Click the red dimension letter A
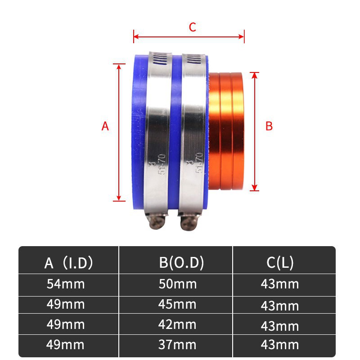point(105,126)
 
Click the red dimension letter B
point(269,126)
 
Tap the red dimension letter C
point(192,27)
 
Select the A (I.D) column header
point(69,262)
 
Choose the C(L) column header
point(280,262)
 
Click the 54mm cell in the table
point(66,284)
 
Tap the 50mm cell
point(178,284)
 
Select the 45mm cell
point(178,304)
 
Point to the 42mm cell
point(178,324)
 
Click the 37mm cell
point(178,345)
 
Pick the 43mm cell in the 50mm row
point(280,284)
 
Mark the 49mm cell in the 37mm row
point(66,345)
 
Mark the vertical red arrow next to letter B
point(255,130)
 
